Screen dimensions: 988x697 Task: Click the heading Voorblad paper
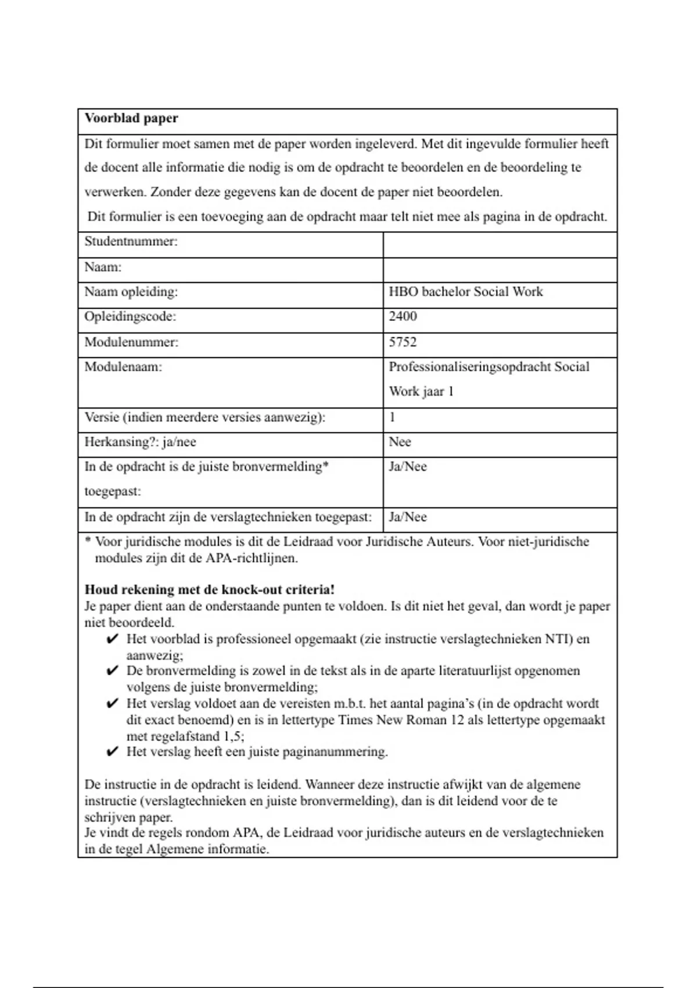point(131,119)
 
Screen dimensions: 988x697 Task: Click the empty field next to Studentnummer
point(500,245)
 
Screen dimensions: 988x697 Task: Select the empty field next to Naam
point(500,270)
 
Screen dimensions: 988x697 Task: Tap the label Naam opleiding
point(131,292)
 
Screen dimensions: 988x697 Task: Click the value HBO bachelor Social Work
point(466,292)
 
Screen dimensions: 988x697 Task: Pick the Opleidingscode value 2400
point(403,317)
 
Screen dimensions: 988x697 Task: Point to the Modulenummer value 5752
point(403,342)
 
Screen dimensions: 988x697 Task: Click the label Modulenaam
point(123,367)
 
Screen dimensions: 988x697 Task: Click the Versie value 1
point(393,417)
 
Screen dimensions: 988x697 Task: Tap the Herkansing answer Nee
point(400,442)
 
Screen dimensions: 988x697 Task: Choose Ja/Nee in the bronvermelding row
point(408,467)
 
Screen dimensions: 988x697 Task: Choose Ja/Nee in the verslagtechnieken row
point(408,517)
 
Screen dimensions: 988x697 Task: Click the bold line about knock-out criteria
point(210,590)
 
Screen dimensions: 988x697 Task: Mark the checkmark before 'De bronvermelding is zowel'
point(113,671)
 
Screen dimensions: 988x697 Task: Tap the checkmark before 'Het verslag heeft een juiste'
point(113,753)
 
